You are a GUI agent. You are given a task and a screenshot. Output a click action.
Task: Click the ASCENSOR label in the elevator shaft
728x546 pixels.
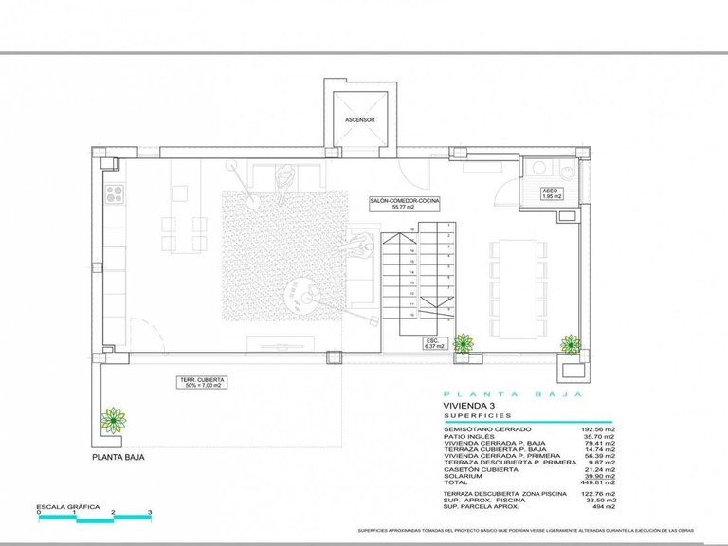click(x=360, y=120)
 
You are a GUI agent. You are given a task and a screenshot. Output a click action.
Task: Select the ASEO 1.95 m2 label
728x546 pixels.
click(x=550, y=192)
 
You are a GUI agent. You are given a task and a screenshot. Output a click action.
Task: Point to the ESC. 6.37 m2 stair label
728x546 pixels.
click(x=433, y=342)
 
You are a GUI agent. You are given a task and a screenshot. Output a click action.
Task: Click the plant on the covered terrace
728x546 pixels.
click(x=114, y=418)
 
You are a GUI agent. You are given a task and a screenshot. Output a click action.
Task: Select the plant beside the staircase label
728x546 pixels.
click(x=463, y=342)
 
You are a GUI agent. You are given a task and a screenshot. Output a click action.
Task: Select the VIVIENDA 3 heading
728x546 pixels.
click(x=467, y=405)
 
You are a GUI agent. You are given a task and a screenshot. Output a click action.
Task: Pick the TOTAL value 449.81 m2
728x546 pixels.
click(x=596, y=481)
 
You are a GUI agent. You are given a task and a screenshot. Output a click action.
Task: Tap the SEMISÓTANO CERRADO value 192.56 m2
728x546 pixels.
click(x=596, y=428)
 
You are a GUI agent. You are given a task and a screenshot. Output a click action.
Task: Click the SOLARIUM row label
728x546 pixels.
click(x=464, y=474)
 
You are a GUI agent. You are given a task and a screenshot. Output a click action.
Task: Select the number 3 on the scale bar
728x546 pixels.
click(x=150, y=513)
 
